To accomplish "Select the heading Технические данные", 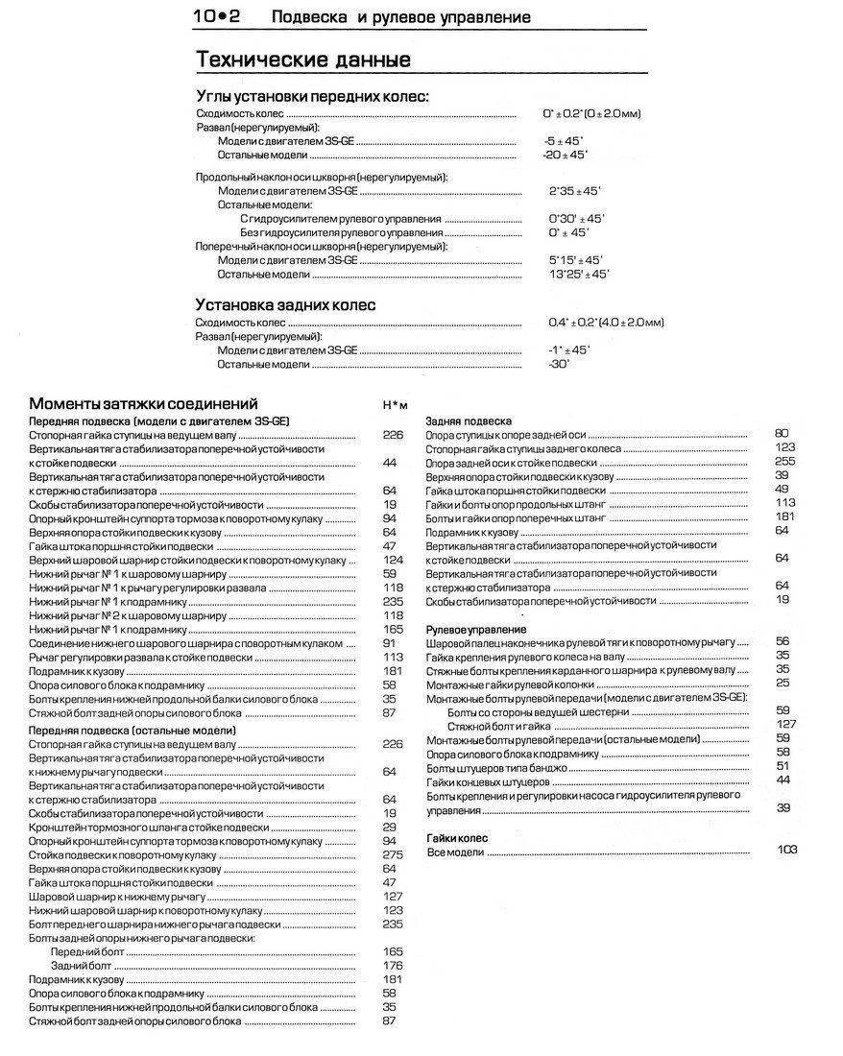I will point(303,60).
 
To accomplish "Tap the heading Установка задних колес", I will point(285,304).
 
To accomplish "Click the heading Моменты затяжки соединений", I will point(143,403).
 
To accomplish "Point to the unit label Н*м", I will point(395,406).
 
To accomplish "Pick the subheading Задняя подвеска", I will point(470,420).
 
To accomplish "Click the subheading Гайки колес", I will point(457,838).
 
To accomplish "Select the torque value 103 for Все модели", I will point(787,851).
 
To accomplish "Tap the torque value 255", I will point(784,461).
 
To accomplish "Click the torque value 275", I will point(390,854).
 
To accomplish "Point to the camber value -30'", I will point(559,365).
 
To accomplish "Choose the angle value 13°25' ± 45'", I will point(578,275).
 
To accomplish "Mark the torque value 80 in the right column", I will point(781,434).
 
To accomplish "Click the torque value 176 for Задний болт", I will point(391,965).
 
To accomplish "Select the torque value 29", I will point(389,827).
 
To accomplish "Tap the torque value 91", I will point(389,643).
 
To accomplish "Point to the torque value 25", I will point(783,683).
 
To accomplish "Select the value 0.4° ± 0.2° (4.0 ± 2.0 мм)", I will point(606,322).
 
